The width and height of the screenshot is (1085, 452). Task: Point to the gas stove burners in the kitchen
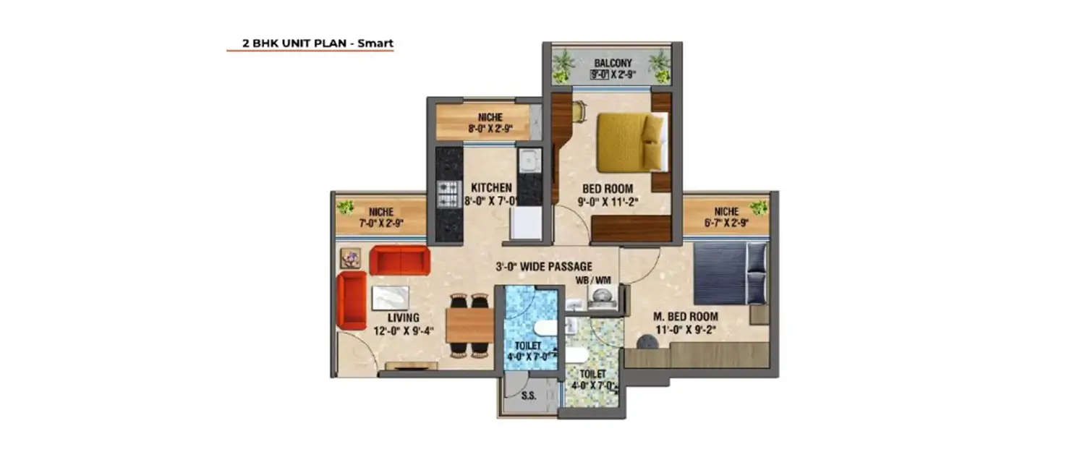pyautogui.click(x=448, y=193)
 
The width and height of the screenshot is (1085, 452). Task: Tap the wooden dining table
pyautogui.click(x=469, y=325)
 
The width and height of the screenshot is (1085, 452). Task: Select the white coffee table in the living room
pyautogui.click(x=391, y=297)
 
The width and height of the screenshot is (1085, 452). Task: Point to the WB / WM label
pyautogui.click(x=592, y=279)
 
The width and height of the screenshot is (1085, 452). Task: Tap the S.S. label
pyautogui.click(x=528, y=396)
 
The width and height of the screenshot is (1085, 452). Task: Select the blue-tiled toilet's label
pyautogui.click(x=528, y=346)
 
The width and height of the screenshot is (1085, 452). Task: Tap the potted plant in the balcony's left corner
pyautogui.click(x=563, y=67)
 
